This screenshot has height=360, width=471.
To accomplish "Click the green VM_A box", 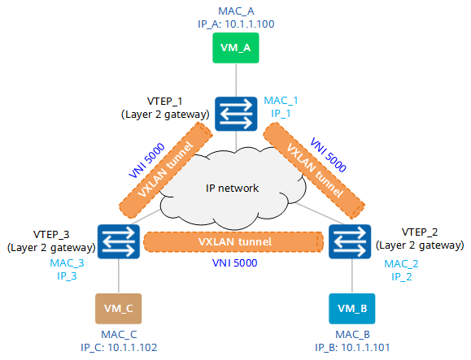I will point(235,47).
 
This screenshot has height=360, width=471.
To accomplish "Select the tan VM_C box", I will point(119,308).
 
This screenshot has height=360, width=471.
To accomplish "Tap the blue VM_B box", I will point(351,309).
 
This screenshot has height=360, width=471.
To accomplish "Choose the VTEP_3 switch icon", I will point(119,241).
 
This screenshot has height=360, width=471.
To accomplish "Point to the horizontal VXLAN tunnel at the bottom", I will point(234,241).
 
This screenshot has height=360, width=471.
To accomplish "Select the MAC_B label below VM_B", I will point(351,334).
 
